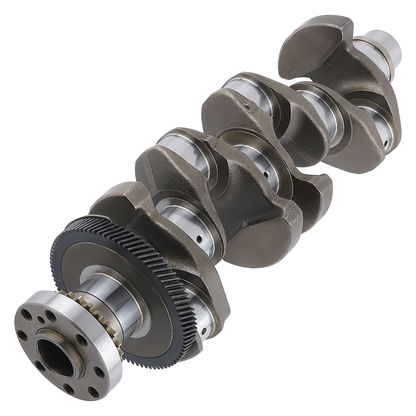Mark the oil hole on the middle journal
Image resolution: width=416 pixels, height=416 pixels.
[x=266, y=174]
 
